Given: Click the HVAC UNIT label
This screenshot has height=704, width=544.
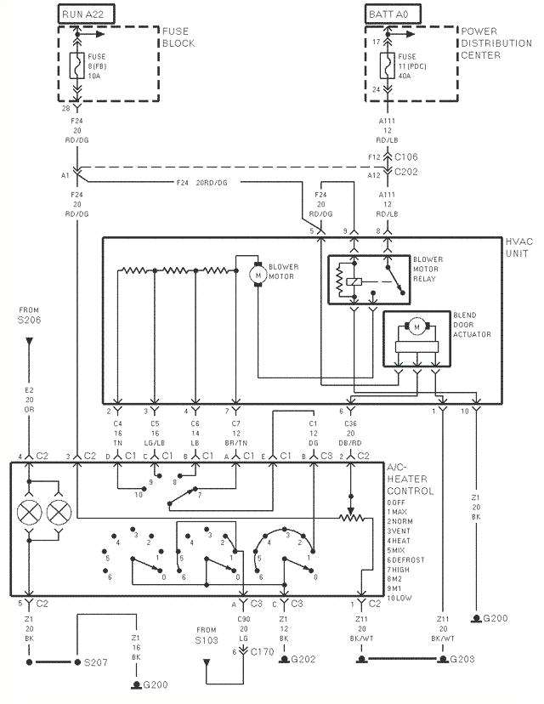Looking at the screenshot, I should [x=519, y=247].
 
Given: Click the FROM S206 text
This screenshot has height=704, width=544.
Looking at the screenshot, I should [x=29, y=314].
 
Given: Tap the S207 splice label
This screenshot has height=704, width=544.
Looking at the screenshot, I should [x=90, y=661].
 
